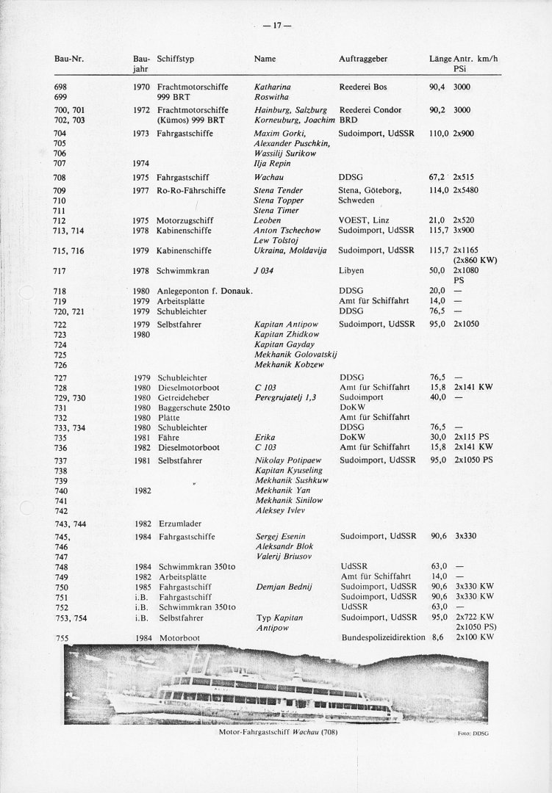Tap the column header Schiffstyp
[x=176, y=57]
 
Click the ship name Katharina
[x=272, y=87]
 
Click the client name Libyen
[x=352, y=271]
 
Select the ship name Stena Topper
[x=278, y=200]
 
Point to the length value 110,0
[x=440, y=134]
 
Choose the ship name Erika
[x=265, y=436]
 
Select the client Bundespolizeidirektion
[x=383, y=638]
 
